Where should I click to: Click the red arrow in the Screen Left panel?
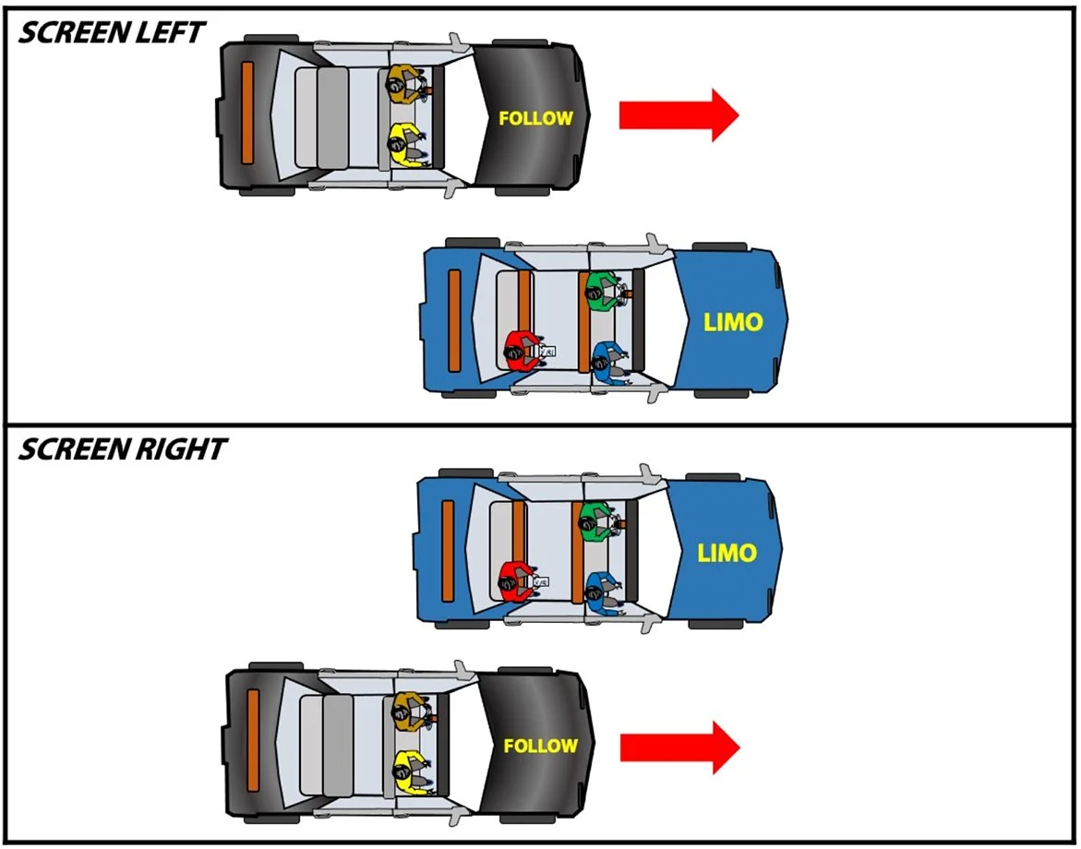pyautogui.click(x=678, y=114)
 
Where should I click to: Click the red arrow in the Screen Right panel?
pyautogui.click(x=679, y=747)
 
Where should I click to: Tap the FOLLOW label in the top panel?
pyautogui.click(x=535, y=118)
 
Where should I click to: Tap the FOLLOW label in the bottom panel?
pyautogui.click(x=540, y=746)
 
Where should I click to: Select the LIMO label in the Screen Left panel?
pyautogui.click(x=733, y=322)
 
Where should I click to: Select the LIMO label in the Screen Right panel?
pyautogui.click(x=727, y=554)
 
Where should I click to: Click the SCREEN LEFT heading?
pyautogui.click(x=112, y=32)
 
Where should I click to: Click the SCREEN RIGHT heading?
pyautogui.click(x=121, y=449)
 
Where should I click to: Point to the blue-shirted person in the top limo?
pyautogui.click(x=606, y=361)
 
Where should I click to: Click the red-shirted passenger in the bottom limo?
pyautogui.click(x=515, y=580)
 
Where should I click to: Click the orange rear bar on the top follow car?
pyautogui.click(x=246, y=113)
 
